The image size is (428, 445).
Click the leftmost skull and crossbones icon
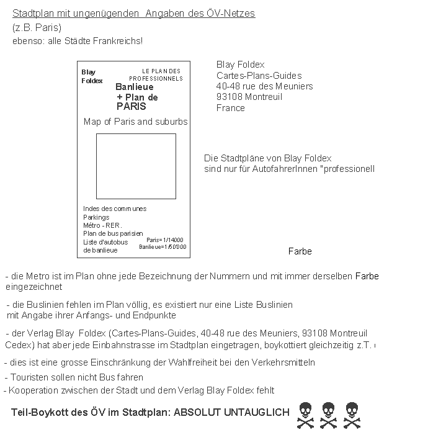(305, 415)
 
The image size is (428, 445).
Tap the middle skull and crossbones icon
(328, 415)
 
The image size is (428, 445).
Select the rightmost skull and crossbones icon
(352, 415)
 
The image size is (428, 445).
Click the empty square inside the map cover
(136, 166)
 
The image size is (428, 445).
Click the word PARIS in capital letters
(132, 106)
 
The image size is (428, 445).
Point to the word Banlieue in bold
(135, 87)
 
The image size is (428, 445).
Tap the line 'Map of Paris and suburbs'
(135, 122)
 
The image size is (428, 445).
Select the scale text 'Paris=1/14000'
(164, 240)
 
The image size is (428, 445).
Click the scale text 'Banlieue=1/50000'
(163, 247)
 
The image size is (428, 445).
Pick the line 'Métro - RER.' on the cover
(103, 225)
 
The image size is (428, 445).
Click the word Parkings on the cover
(96, 217)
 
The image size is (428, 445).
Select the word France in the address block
(231, 108)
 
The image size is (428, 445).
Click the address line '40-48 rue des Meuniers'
(265, 86)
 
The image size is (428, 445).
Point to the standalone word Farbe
(300, 251)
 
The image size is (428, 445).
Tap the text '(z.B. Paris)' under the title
(37, 27)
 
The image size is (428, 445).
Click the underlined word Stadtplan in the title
(31, 14)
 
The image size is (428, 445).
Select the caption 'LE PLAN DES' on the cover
(161, 71)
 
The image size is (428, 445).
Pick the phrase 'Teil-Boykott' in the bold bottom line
(37, 412)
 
